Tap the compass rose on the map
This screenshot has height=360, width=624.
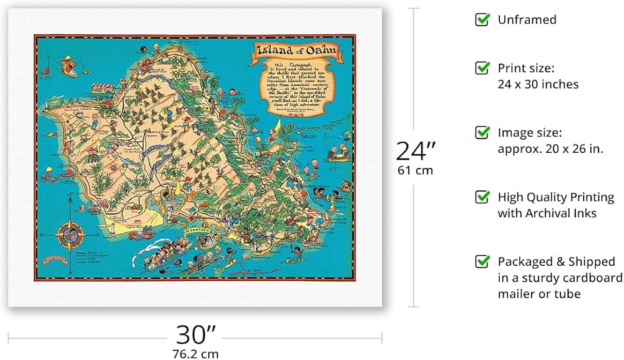tap(70, 235)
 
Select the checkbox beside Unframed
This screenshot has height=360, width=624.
tap(482, 19)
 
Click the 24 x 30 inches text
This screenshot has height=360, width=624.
tap(538, 84)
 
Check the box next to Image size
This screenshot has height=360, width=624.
tap(482, 132)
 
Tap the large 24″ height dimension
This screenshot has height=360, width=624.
tap(416, 150)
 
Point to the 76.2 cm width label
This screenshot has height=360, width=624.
tap(195, 353)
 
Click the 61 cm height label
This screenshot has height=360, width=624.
tap(415, 170)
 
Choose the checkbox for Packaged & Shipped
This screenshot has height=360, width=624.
tap(482, 261)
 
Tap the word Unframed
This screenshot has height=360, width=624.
tap(527, 20)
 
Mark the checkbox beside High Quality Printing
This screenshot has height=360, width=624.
tap(482, 197)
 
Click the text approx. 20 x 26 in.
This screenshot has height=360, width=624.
tap(550, 148)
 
